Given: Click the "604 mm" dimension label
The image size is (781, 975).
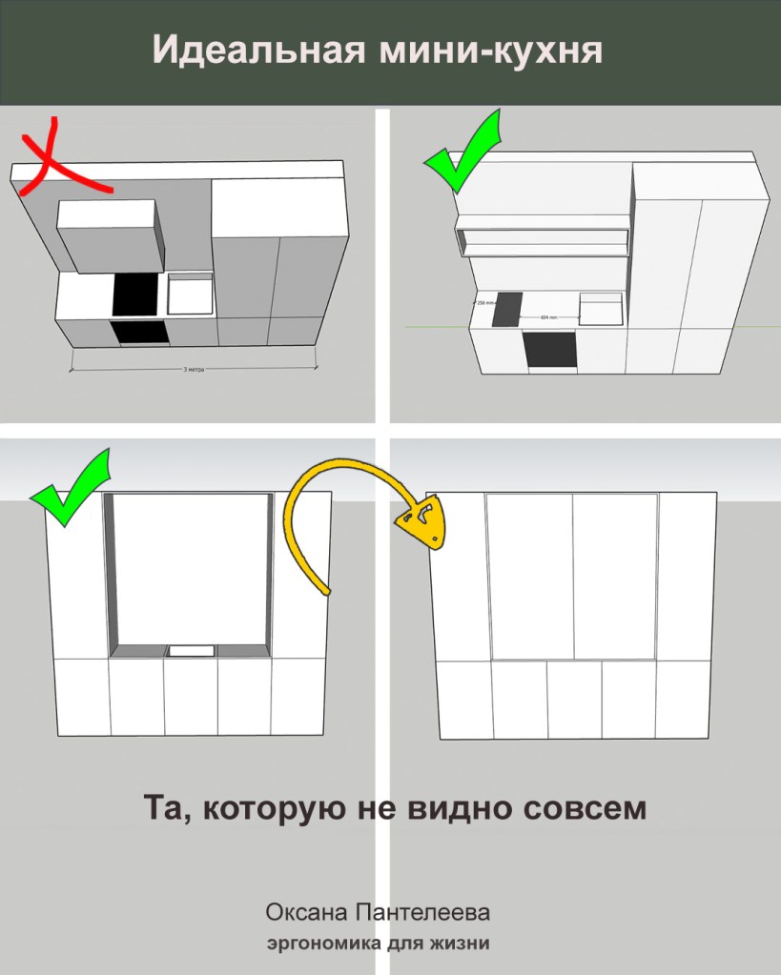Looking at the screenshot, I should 547,316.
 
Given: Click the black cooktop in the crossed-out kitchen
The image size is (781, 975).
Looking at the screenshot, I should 134,295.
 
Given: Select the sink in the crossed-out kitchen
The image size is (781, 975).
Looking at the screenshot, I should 190,294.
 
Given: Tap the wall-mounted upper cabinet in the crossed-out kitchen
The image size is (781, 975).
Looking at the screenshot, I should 108,234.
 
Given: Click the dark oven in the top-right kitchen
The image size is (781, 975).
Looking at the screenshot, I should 551,350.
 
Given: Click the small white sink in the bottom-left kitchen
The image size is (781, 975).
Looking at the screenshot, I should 191,650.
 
